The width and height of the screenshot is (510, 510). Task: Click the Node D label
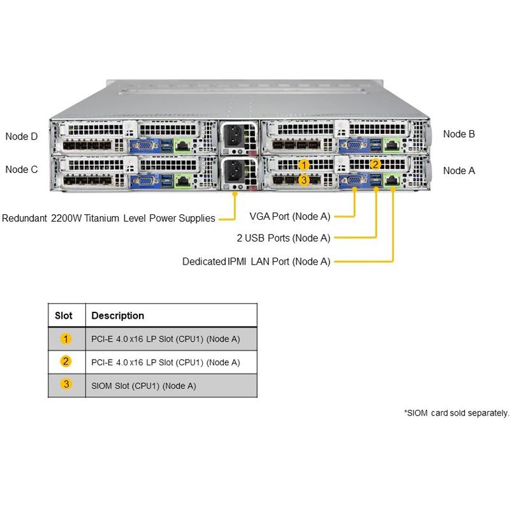pyautogui.click(x=21, y=136)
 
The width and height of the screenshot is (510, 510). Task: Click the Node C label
pyautogui.click(x=21, y=170)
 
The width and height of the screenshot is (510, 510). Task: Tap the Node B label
pyautogui.click(x=459, y=134)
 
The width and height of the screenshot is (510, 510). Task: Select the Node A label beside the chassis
pyautogui.click(x=459, y=170)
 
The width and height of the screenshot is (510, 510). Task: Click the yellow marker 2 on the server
pyautogui.click(x=375, y=164)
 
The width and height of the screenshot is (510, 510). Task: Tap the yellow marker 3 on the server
pyautogui.click(x=304, y=180)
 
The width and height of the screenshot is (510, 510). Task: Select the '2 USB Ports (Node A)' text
pyautogui.click(x=283, y=238)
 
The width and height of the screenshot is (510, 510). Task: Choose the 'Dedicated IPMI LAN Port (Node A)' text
pyautogui.click(x=256, y=261)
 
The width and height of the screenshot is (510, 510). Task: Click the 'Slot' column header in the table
pyautogui.click(x=64, y=316)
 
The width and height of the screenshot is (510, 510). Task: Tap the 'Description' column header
pyautogui.click(x=118, y=316)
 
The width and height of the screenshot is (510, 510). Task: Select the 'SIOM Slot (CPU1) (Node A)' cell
pyautogui.click(x=143, y=386)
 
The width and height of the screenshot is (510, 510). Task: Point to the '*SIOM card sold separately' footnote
pyautogui.click(x=456, y=413)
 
